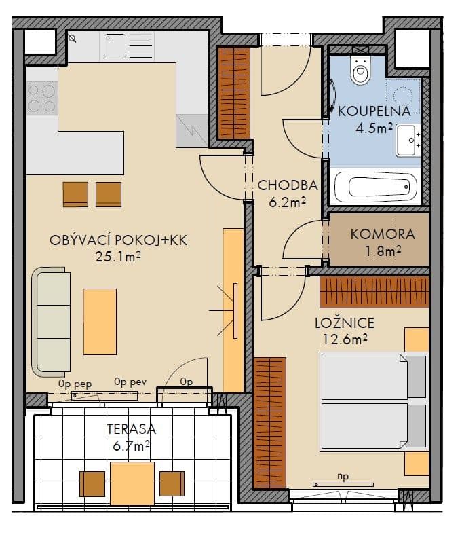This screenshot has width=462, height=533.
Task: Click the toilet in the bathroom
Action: (x=360, y=69)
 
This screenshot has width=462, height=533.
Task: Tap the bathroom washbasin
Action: (x=409, y=141)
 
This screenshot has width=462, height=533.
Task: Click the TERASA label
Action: (x=131, y=429)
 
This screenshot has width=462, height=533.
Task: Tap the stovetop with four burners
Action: (x=41, y=98)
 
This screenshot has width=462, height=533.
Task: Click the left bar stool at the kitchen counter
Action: (x=75, y=194)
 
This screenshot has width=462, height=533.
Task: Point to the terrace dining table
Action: (x=132, y=483)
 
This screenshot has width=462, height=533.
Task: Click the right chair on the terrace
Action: (x=172, y=483)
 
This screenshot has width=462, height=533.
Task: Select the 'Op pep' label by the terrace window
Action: (x=75, y=383)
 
